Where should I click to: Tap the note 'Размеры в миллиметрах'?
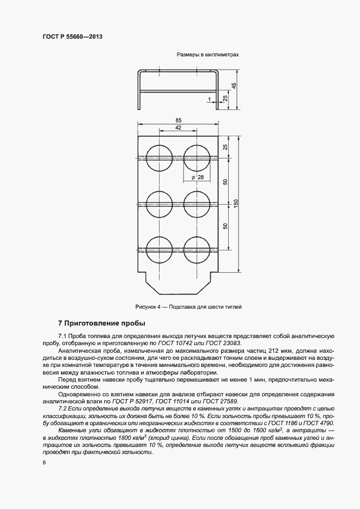click(x=208, y=55)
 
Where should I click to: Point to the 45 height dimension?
click(x=234, y=86)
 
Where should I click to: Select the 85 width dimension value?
click(x=179, y=120)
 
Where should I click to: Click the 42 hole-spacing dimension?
click(x=178, y=127)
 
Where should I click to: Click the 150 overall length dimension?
click(x=236, y=202)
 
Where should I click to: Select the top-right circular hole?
click(x=197, y=157)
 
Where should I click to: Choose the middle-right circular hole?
click(x=197, y=204)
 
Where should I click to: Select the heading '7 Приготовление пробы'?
click(x=95, y=323)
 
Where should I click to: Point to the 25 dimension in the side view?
click(x=225, y=98)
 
